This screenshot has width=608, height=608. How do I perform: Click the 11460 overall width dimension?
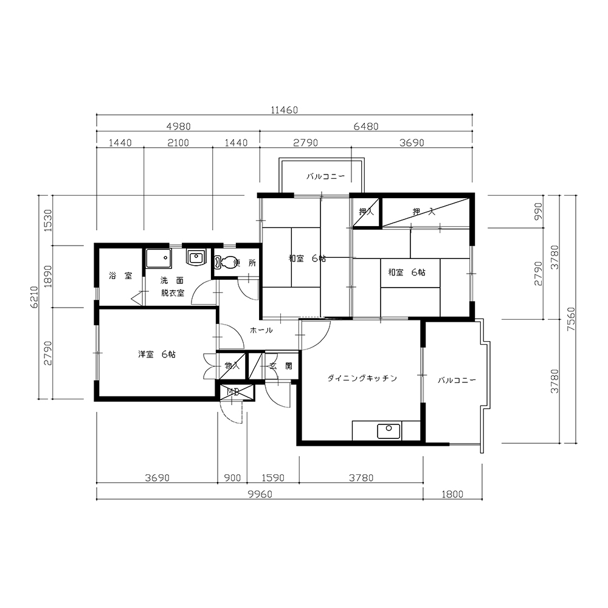coord(284,110)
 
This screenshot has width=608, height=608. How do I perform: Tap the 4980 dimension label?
coord(178,126)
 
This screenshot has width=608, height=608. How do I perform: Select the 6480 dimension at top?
coord(366,126)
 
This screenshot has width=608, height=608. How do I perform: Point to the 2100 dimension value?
coord(178,143)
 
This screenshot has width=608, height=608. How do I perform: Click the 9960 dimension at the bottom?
coord(260,494)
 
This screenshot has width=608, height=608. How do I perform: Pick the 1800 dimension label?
coord(452,494)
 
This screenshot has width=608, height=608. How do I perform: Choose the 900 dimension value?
coord(233,478)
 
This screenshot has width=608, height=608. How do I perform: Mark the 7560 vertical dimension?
coord(571,319)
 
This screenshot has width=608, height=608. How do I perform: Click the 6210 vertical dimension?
coord(34,297)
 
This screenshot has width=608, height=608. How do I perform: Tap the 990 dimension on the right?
coord(538,212)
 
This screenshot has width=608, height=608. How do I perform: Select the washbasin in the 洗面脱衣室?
coord(196,257)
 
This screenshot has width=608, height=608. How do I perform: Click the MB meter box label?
coord(233,392)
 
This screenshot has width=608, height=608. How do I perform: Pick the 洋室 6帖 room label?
coord(157,354)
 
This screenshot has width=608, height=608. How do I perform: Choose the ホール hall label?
coord(261,330)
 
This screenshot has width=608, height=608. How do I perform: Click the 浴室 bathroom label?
coord(120,275)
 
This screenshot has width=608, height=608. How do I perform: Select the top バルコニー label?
coord(326,176)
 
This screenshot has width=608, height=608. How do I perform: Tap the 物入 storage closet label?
coord(232,365)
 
